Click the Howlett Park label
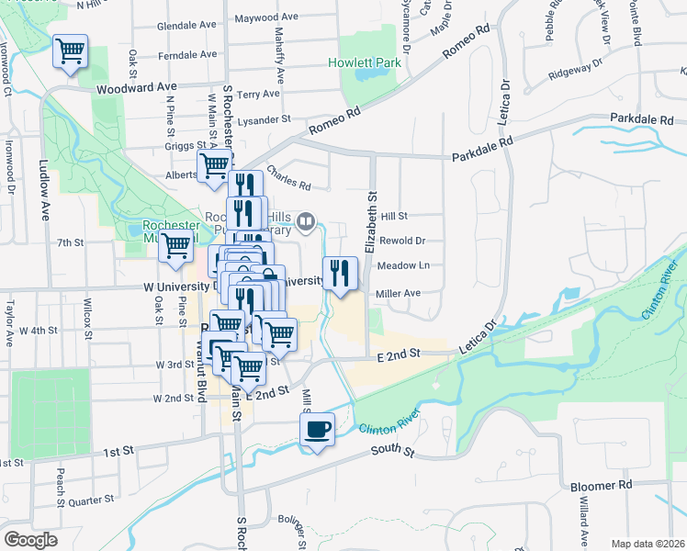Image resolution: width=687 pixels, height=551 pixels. pos(365,63)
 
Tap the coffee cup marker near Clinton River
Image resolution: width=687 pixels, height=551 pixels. pos(317,429)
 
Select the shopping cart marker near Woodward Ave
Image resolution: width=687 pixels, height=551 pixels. pos(70,51)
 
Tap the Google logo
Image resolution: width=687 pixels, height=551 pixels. pos(30,540)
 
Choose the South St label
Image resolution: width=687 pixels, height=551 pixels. pos(393,451)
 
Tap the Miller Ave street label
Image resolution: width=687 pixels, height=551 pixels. pos(398,293)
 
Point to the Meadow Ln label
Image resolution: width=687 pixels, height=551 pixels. pos(404,266)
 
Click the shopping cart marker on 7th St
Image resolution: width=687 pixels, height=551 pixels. pos(175,246)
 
